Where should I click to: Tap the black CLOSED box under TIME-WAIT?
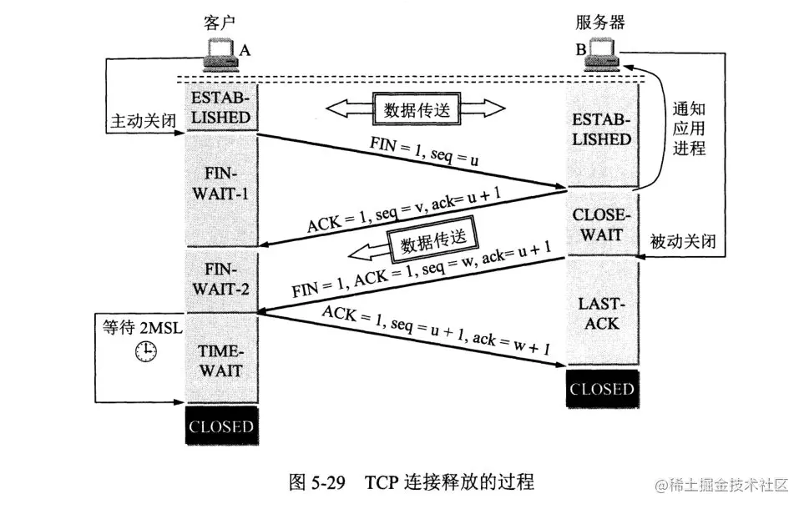pos(220,426)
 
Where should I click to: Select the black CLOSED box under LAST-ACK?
pos(602,389)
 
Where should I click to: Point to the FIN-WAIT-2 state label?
pos(220,280)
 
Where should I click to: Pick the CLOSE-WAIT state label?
pos(602,224)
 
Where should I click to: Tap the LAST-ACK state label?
pos(602,313)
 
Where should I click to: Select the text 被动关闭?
pos(683,241)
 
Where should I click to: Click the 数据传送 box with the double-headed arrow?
pos(416,108)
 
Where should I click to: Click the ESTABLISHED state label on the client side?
pos(220,108)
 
